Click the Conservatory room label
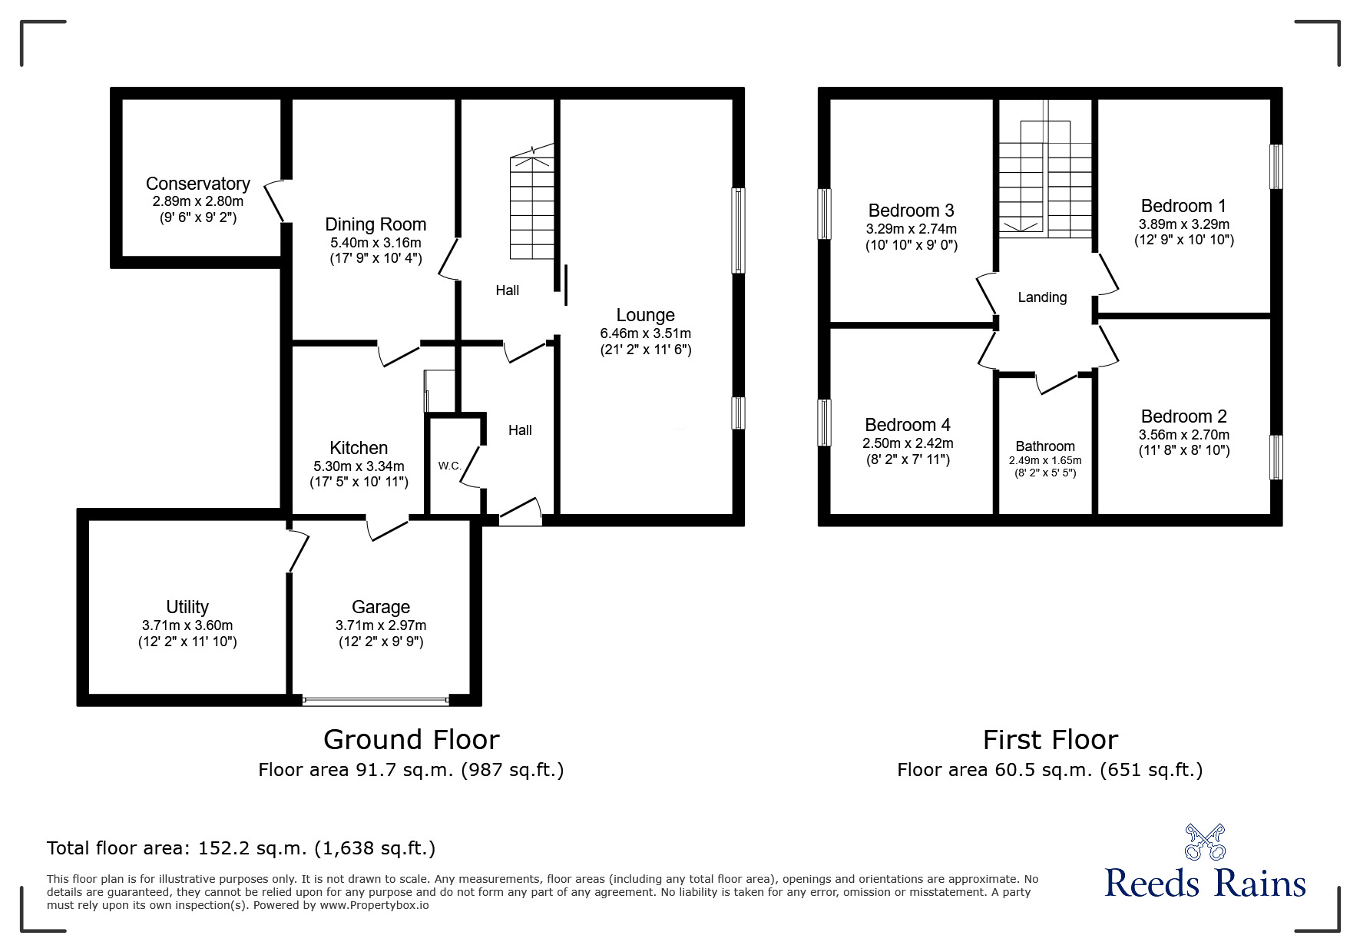(x=197, y=184)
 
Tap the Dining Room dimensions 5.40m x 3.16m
(x=376, y=242)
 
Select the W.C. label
(x=449, y=466)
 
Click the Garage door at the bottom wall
(x=376, y=701)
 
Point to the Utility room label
(x=187, y=607)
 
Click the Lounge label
(x=645, y=315)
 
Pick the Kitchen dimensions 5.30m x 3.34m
(x=359, y=466)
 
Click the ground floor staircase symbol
(x=531, y=207)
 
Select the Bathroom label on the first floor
(x=1044, y=446)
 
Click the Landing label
(x=1042, y=297)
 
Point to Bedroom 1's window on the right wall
(x=1276, y=166)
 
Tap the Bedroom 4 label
(x=907, y=425)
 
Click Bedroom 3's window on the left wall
(x=825, y=214)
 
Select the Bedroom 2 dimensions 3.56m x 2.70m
(x=1183, y=435)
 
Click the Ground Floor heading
(x=411, y=739)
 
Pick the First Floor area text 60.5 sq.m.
(x=1049, y=769)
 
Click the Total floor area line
(x=241, y=848)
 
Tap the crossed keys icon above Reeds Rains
(x=1205, y=841)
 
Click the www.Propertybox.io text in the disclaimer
(x=374, y=905)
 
